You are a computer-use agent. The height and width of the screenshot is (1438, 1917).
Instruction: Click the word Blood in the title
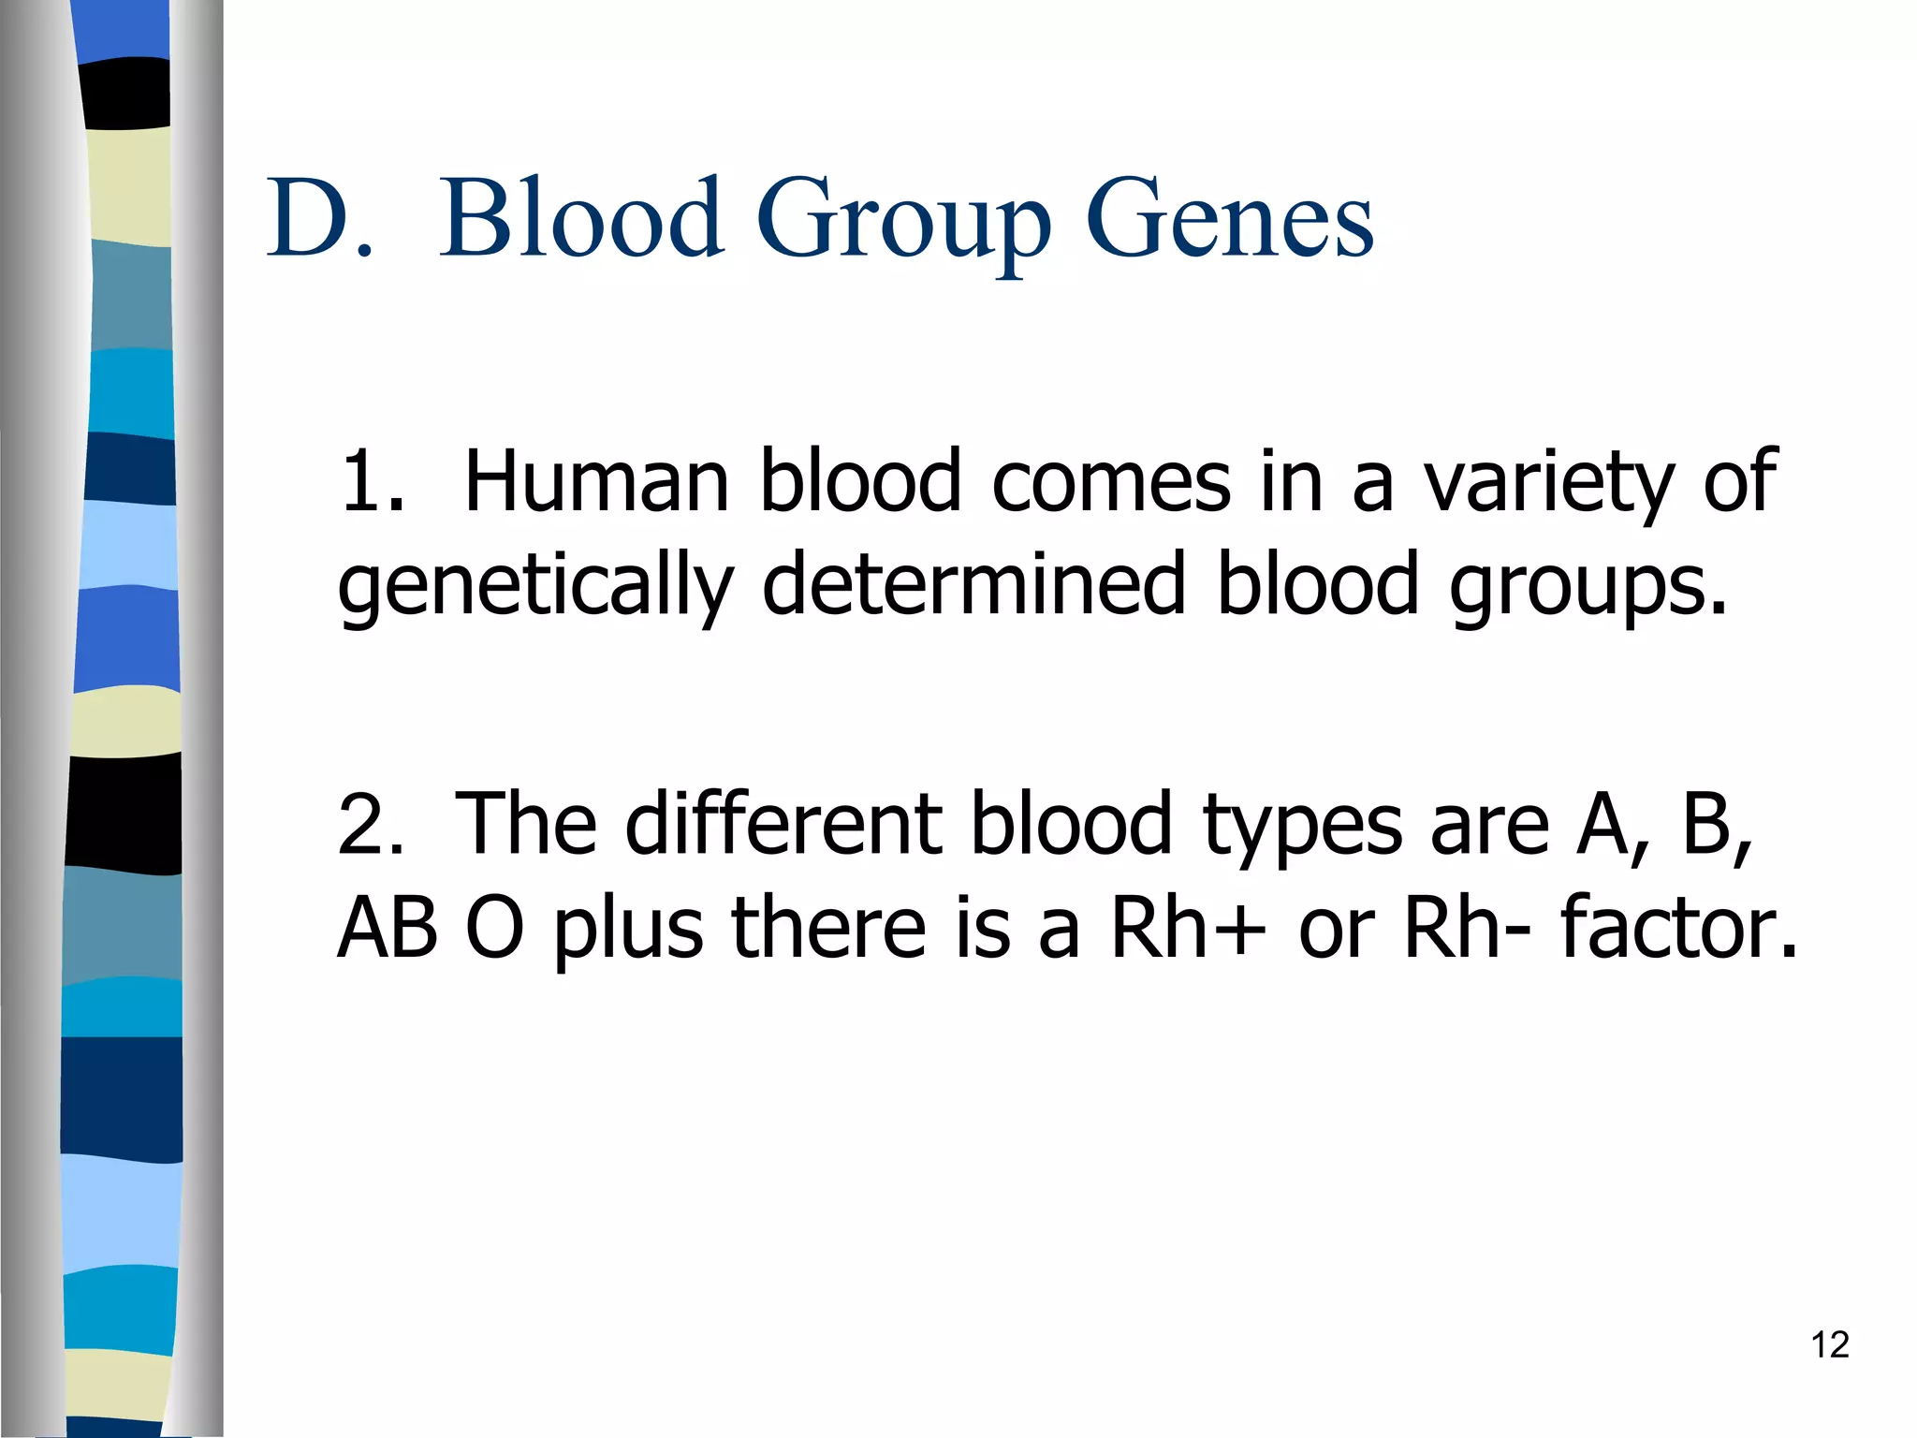click(x=581, y=218)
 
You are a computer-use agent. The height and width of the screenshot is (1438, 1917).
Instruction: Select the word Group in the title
click(x=903, y=225)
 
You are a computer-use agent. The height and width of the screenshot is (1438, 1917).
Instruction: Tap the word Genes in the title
click(x=1229, y=220)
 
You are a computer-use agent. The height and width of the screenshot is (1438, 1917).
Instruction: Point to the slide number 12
click(x=1829, y=1345)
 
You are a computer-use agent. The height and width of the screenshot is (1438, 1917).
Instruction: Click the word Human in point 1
click(x=596, y=481)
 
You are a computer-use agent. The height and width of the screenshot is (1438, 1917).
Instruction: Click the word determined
click(x=973, y=584)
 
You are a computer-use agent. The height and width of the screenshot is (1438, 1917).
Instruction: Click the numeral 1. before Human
click(x=372, y=481)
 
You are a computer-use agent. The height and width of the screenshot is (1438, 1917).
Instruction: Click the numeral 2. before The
click(x=372, y=824)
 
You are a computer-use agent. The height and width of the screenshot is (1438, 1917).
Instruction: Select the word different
click(x=783, y=824)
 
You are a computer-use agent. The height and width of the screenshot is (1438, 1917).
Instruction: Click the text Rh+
click(x=1187, y=929)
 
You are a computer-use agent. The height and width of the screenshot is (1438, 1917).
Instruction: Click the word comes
click(x=1110, y=483)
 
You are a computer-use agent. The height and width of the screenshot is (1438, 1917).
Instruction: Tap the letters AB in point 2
click(x=388, y=929)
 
